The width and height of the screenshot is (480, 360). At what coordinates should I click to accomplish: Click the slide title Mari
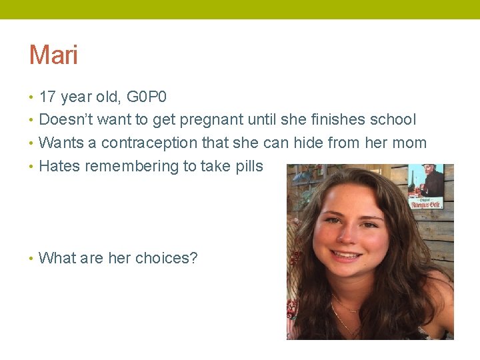(x=53, y=55)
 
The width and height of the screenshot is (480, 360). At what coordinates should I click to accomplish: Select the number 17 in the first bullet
(x=47, y=97)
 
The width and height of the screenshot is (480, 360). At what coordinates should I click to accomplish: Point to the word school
(x=394, y=120)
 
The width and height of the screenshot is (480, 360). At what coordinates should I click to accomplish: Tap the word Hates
(x=59, y=166)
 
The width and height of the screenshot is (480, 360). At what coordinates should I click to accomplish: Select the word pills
(x=247, y=166)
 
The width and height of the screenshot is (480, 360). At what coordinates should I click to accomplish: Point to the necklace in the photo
(x=347, y=313)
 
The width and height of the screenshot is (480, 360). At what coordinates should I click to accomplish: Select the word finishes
(x=339, y=120)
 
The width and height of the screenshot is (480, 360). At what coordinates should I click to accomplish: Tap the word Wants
(x=61, y=143)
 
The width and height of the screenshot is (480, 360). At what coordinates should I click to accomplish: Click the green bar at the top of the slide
(x=240, y=9)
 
